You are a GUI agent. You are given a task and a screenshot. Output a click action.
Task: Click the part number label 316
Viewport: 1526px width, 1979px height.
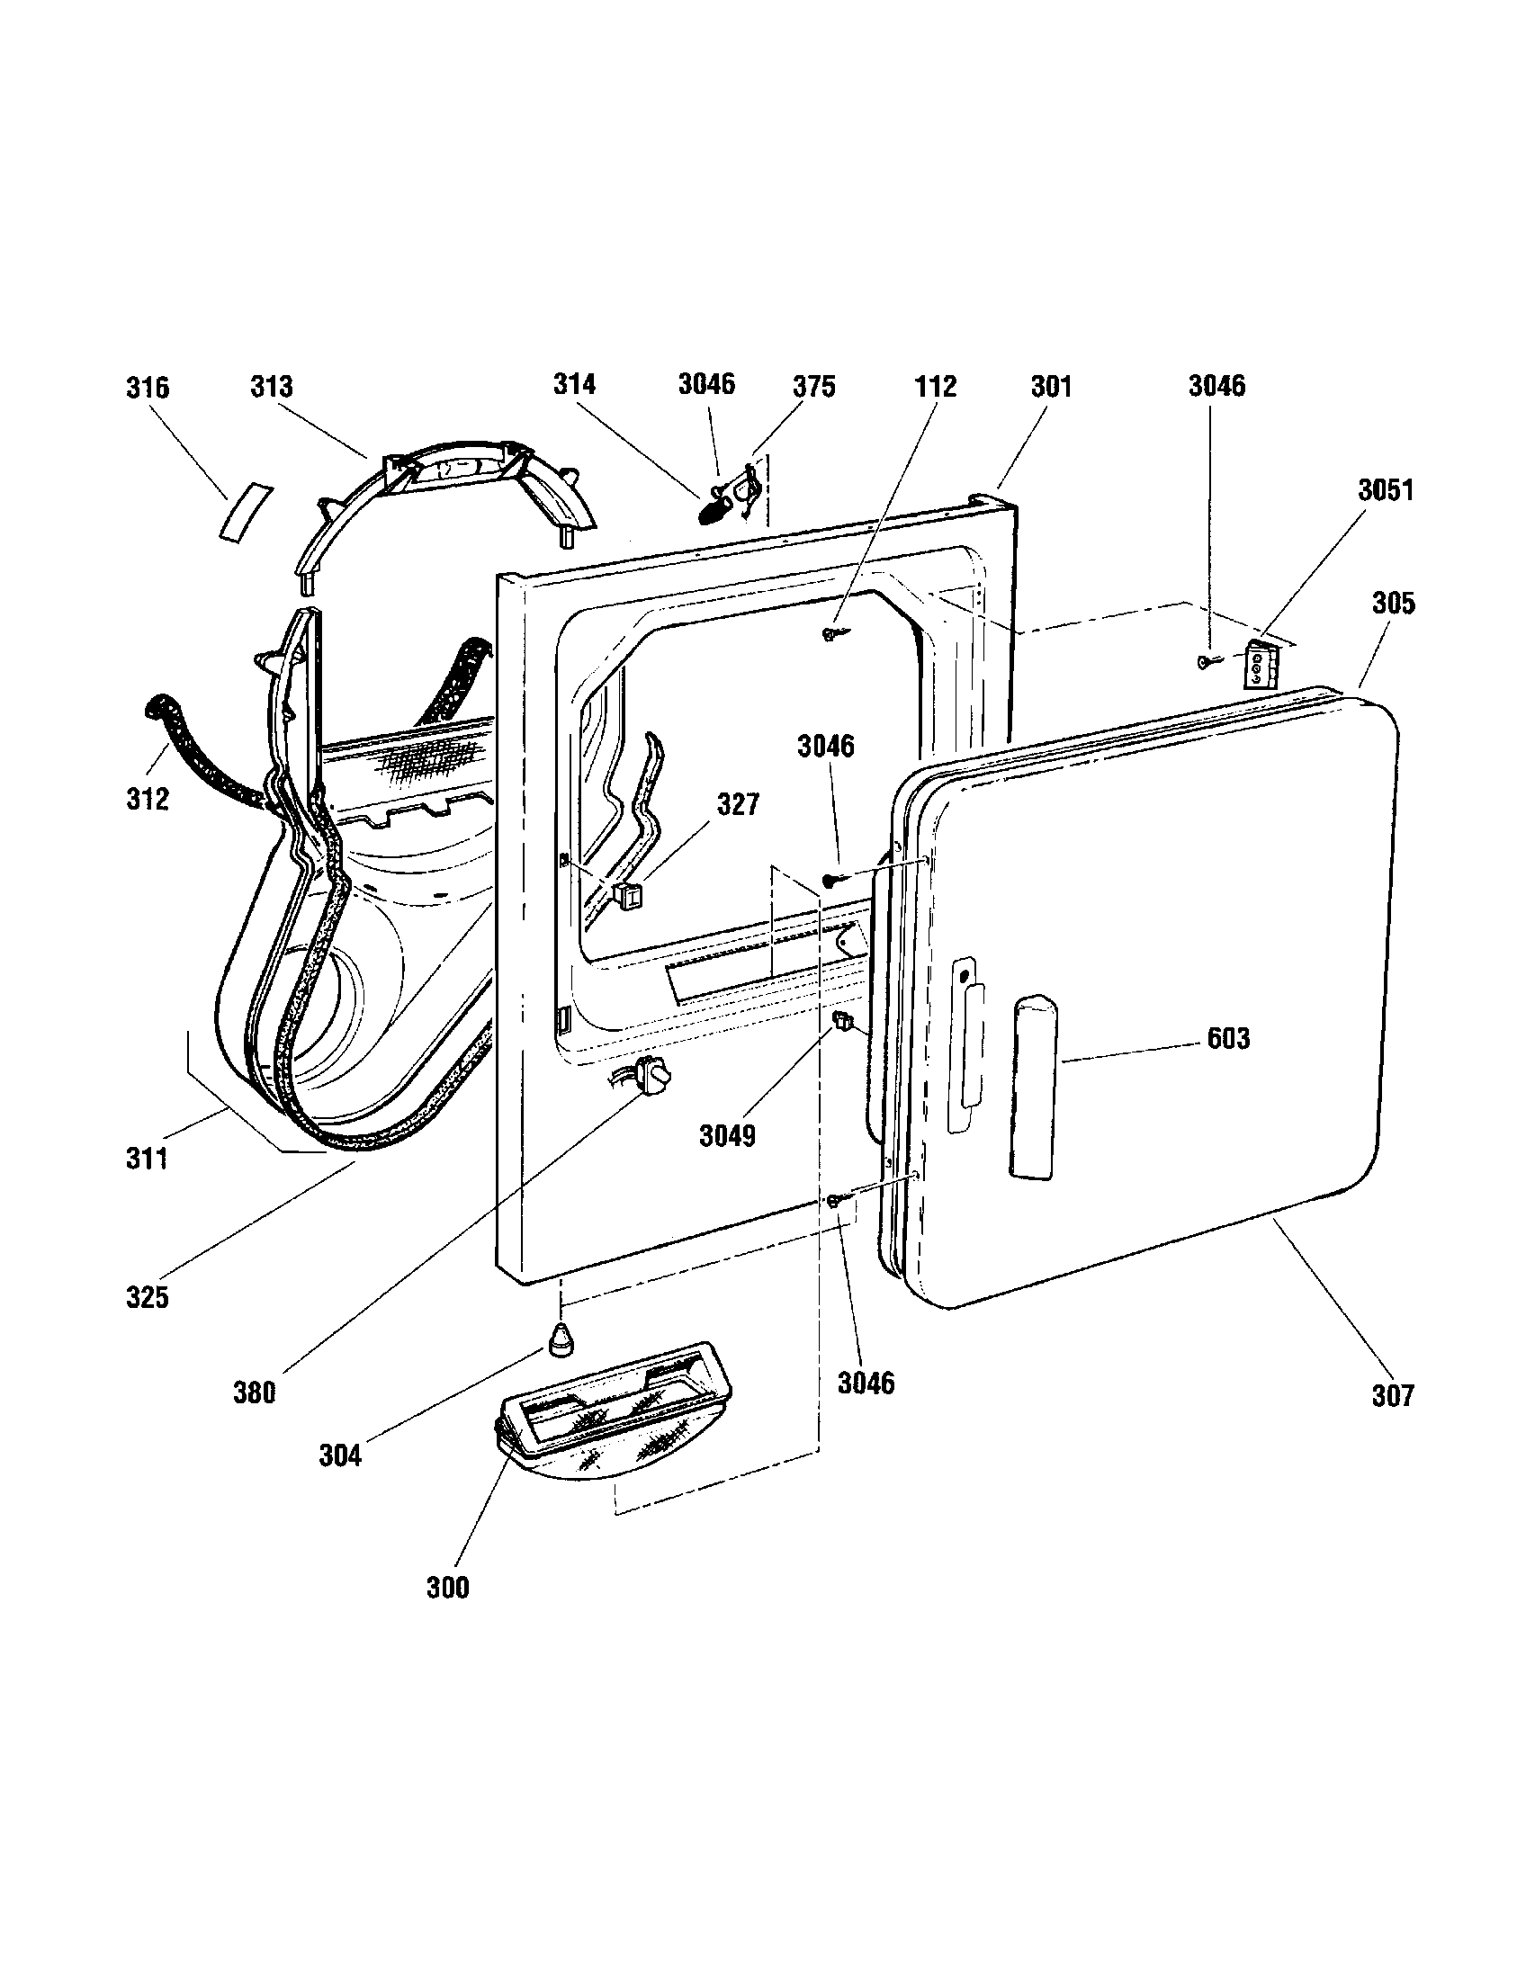(x=147, y=388)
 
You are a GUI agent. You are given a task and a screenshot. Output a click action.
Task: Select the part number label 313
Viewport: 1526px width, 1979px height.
(x=272, y=387)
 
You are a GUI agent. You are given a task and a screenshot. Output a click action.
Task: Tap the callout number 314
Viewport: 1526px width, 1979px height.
(x=575, y=384)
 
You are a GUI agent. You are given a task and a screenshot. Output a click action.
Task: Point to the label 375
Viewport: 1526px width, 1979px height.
(x=812, y=387)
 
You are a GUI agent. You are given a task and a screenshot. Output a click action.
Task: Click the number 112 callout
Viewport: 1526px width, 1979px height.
(x=935, y=387)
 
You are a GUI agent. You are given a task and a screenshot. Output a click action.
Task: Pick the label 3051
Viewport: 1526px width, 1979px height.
(x=1385, y=490)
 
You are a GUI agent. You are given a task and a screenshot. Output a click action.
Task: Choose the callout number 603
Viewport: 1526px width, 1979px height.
(x=1228, y=1038)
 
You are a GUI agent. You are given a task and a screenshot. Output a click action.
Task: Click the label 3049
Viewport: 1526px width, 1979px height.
(x=727, y=1135)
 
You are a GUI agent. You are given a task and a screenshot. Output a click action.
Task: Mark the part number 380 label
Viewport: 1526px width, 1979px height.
(x=254, y=1392)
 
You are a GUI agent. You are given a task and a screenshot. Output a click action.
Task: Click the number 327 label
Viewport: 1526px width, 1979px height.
(x=738, y=803)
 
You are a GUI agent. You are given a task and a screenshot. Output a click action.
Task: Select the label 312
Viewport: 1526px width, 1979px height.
(x=148, y=799)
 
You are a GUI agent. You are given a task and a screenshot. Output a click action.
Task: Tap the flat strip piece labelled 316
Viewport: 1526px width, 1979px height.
(x=243, y=512)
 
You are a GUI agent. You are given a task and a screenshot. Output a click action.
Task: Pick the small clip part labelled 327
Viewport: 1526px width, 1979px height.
(x=629, y=894)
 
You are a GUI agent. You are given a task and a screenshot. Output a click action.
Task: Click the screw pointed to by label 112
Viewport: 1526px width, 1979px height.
(x=830, y=634)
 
